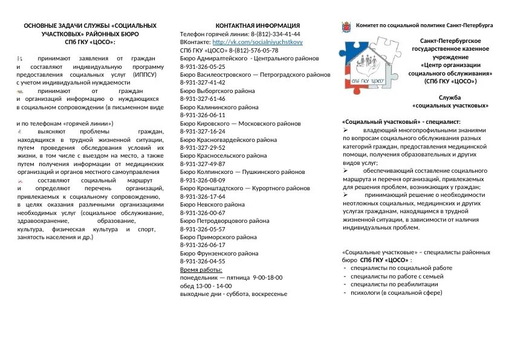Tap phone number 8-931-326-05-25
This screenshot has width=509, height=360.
203,66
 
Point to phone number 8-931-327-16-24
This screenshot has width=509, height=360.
203,131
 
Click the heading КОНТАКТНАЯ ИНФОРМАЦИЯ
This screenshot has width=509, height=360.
258,26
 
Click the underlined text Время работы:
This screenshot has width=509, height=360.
201,269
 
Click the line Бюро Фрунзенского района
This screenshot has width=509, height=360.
219,254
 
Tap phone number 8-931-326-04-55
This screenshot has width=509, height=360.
203,262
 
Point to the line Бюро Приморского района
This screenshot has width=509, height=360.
219,237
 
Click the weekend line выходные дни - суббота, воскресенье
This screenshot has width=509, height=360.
233,294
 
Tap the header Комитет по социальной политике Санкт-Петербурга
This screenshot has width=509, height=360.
424,27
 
